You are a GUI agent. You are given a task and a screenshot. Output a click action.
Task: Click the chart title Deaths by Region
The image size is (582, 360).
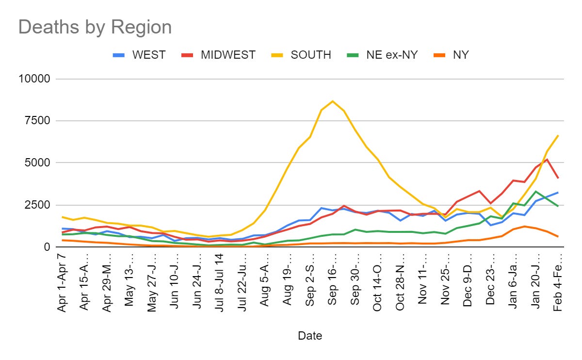95,27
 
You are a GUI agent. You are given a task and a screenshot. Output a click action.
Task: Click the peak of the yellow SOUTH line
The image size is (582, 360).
332,101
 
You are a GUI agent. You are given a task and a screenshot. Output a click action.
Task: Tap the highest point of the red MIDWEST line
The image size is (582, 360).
547,159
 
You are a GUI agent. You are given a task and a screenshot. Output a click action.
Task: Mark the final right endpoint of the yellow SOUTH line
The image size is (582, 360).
558,135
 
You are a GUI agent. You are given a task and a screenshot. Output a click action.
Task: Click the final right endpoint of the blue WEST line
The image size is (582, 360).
558,193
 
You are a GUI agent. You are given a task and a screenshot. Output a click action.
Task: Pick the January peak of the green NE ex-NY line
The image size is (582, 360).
535,191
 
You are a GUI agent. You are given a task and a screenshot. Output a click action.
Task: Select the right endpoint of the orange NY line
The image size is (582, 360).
558,236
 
